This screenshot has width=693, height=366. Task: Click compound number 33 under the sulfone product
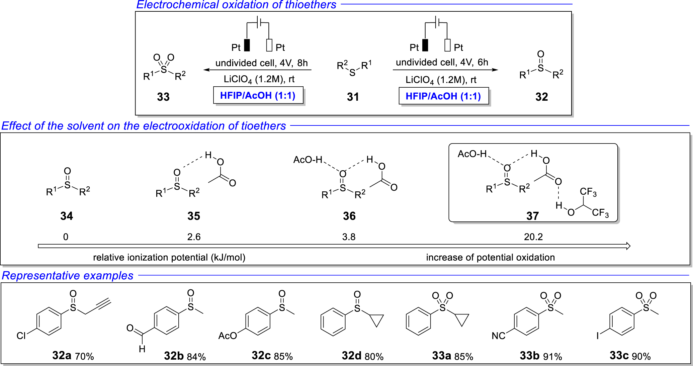click(163, 97)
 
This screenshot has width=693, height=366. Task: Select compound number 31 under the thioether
click(353, 97)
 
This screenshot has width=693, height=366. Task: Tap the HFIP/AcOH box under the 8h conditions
click(258, 96)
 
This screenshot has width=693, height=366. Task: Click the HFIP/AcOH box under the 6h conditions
click(443, 96)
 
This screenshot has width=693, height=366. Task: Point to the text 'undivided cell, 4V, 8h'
click(261, 63)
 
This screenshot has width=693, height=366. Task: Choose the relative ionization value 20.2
click(533, 237)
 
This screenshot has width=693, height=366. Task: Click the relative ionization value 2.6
click(194, 237)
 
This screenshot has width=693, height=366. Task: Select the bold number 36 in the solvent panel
click(349, 216)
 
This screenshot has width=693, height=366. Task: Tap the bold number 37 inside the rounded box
click(532, 216)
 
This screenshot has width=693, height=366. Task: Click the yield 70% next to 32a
click(84, 357)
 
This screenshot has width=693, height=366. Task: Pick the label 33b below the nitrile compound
click(529, 356)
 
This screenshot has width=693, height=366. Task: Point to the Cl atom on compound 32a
click(21, 336)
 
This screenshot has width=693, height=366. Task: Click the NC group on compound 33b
click(498, 336)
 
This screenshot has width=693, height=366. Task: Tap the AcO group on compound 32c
click(227, 336)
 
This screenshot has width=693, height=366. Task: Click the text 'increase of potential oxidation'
click(490, 257)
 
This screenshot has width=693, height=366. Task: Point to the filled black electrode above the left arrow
click(247, 45)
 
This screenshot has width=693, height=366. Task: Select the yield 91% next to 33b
click(552, 357)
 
